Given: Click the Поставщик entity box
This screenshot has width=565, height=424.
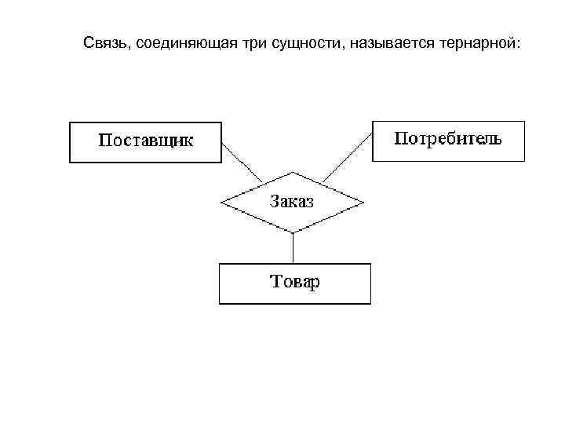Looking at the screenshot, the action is pos(146,142).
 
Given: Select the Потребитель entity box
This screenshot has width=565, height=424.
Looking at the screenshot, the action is pos(448,141).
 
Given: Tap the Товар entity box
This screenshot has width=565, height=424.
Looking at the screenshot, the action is pos(294,283).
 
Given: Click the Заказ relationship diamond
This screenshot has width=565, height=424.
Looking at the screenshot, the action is pos(292,202).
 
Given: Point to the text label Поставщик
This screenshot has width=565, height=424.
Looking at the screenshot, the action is pos(146,142).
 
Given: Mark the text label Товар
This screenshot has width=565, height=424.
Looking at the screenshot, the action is pos(294,283).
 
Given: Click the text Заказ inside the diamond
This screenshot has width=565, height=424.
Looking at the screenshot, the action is pos(292,201).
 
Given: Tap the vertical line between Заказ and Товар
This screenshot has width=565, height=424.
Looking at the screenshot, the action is pos(293,248).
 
